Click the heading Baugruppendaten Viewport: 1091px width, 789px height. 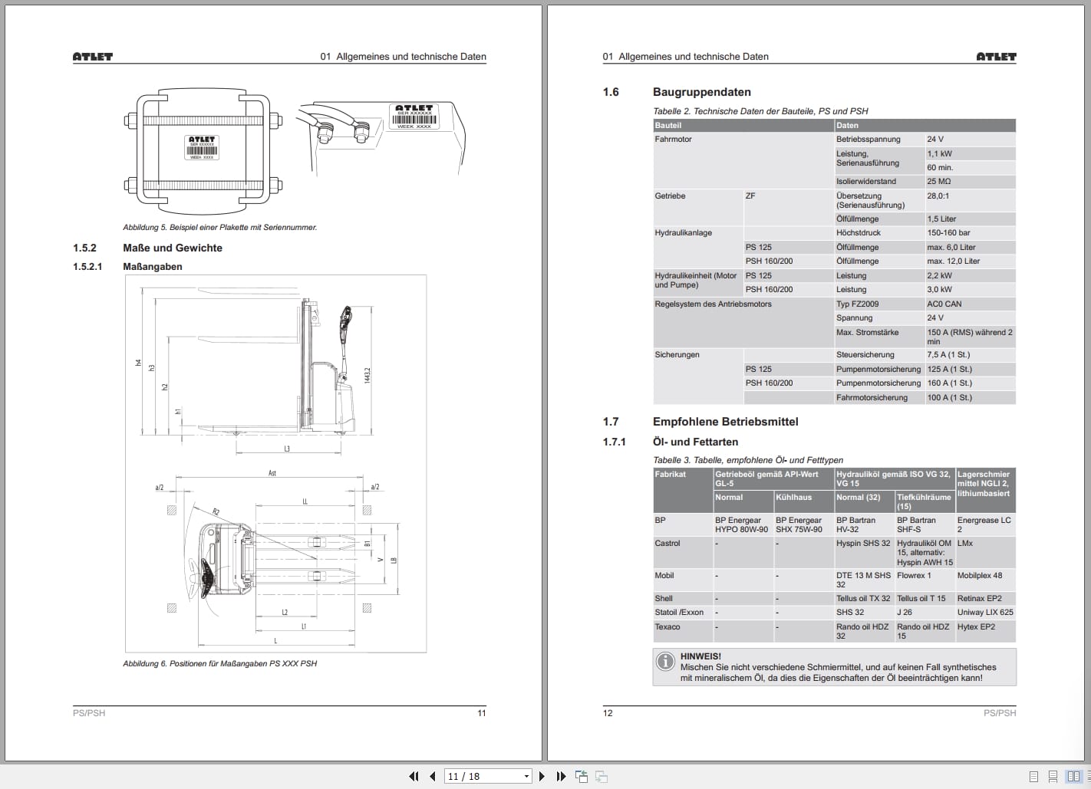701,92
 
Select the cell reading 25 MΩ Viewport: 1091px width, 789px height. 938,182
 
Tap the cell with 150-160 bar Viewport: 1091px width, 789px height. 948,233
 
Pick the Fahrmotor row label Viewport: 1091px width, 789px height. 673,140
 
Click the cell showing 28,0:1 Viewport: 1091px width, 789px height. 938,196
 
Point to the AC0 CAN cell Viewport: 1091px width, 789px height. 944,304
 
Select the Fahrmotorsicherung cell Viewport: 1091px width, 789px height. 872,398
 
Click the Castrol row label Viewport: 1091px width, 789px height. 667,544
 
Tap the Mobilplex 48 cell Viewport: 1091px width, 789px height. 979,576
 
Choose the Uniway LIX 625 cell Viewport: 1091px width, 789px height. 984,613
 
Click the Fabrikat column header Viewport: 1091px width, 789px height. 670,475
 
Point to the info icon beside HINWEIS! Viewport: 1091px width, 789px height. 664,661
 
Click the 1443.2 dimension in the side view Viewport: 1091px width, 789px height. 368,375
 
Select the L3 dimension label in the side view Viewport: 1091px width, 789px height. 287,449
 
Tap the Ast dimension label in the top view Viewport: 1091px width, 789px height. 272,473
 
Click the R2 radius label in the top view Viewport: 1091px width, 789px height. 216,511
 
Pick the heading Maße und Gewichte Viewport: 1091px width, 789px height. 172,248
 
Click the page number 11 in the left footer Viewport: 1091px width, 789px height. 481,713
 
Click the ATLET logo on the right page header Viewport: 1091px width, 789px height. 996,57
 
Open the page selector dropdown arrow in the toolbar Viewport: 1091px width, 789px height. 526,777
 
